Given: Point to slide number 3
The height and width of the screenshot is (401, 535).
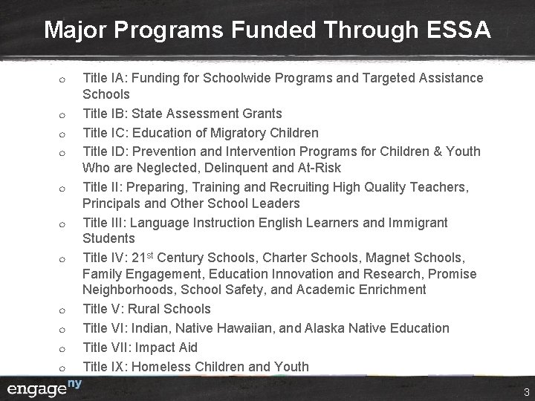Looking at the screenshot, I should [525, 391].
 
